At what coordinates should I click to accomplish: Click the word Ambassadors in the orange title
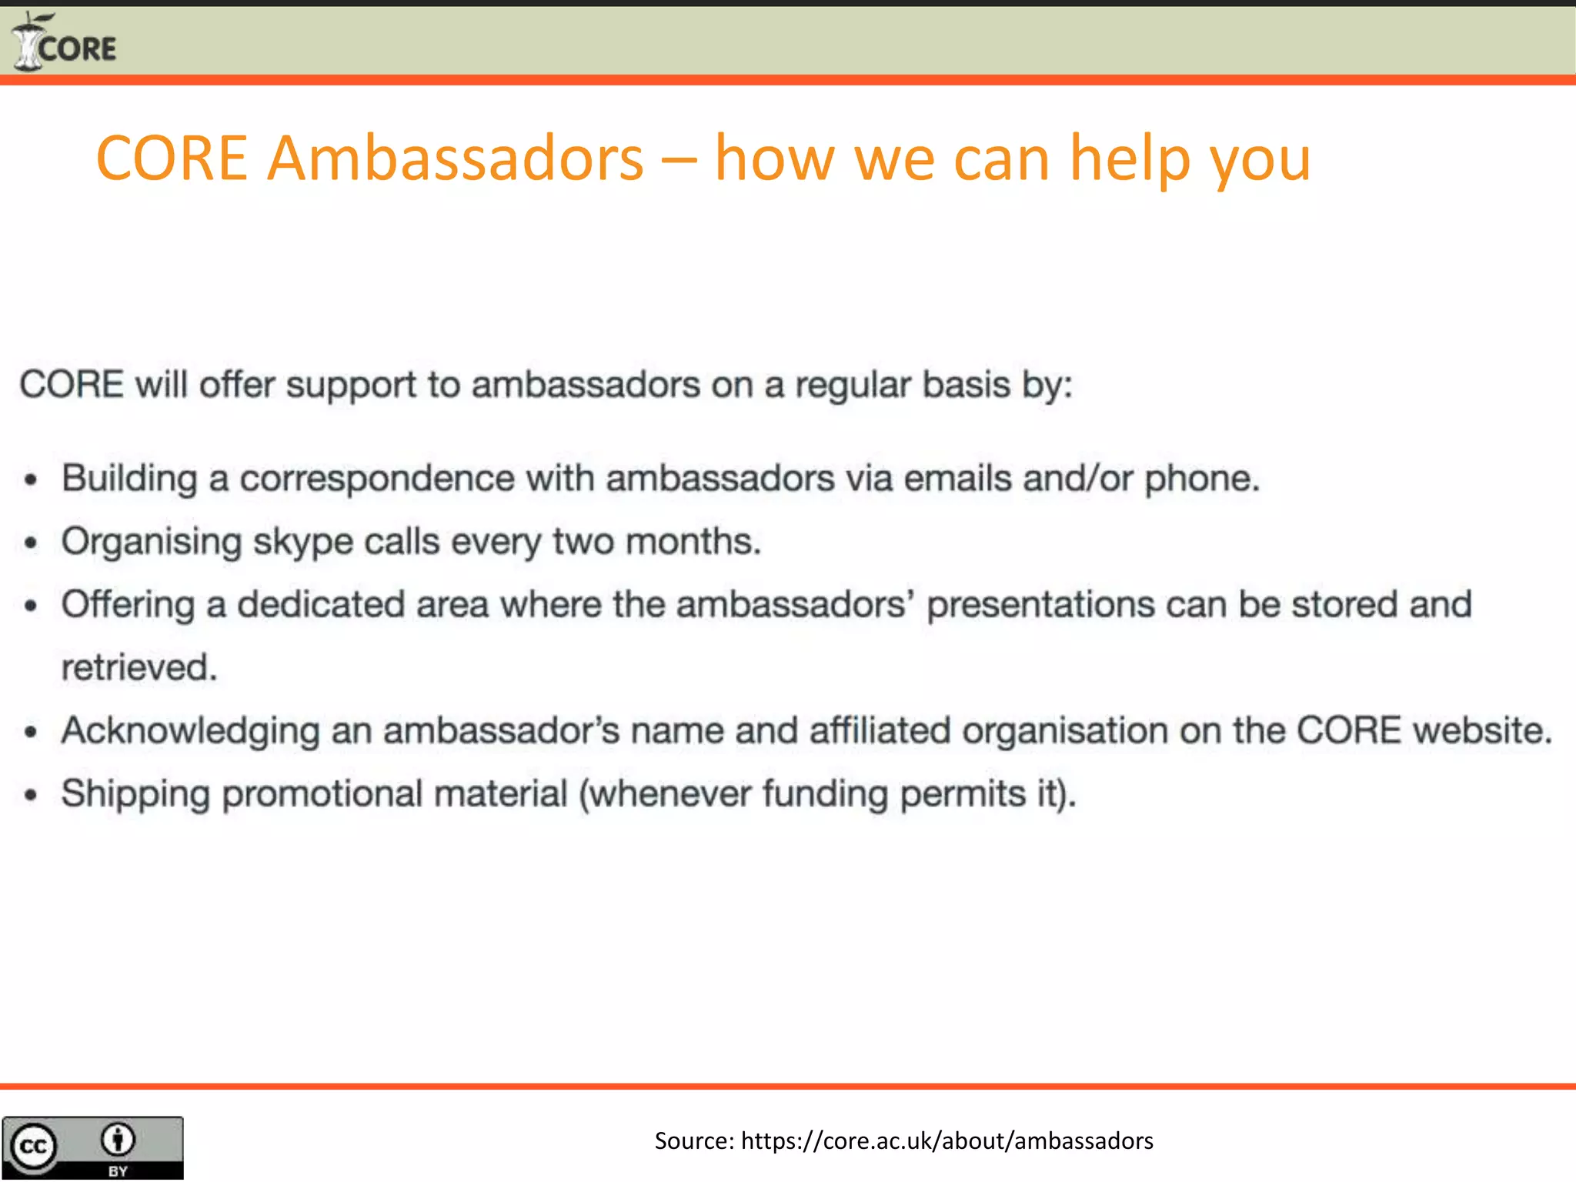[455, 159]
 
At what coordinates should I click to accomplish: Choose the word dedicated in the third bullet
[321, 605]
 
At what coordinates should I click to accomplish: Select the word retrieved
[139, 668]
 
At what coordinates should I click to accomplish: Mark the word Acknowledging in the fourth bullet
[190, 731]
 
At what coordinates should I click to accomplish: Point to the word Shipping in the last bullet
[135, 794]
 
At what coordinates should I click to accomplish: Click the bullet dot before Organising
[31, 543]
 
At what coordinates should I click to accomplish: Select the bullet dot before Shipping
[31, 795]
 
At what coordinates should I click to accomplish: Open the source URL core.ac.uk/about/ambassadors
[947, 1140]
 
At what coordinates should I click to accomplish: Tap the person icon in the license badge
[118, 1139]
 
